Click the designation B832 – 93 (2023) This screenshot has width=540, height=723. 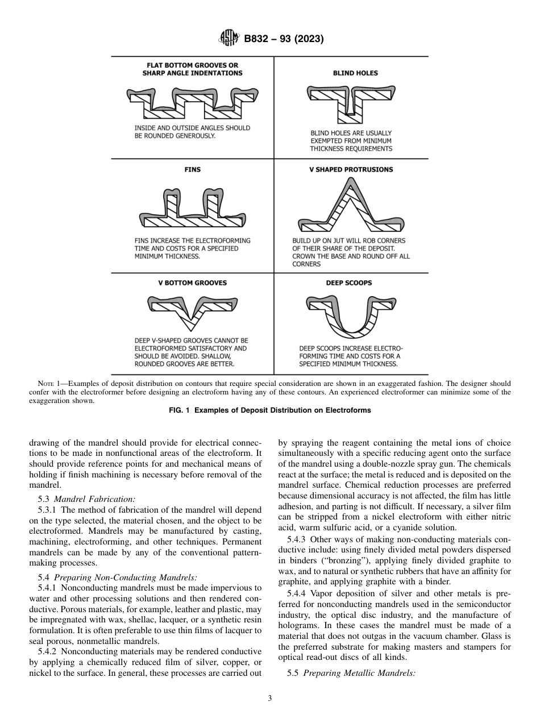point(284,39)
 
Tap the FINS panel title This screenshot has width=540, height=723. point(192,169)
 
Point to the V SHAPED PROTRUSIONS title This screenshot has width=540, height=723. point(351,169)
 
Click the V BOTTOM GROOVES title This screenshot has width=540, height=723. point(192,282)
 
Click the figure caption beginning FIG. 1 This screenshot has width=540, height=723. point(270,410)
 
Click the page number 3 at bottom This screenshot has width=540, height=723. point(270,699)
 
